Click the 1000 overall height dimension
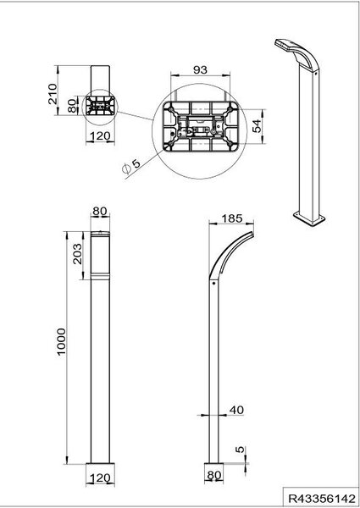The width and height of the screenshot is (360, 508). pos(61,342)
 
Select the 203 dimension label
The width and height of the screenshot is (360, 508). pos(77,254)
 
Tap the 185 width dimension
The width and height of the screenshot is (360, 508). pos(232,218)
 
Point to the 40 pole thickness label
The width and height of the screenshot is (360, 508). pos(236,410)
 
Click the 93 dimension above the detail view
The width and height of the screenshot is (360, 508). pos(200,70)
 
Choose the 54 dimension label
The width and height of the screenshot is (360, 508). pos(257,126)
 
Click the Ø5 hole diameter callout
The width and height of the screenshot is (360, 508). pos(131,166)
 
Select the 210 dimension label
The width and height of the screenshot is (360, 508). pos(53,94)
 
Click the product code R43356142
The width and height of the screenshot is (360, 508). pos(322,498)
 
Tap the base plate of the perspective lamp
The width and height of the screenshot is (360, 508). pos(309,218)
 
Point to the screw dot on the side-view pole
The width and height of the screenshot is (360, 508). pos(213,283)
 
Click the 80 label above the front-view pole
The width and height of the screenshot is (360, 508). pos(100,211)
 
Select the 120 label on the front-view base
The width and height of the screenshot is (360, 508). pos(100,478)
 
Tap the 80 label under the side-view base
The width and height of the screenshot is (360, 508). pos(213,475)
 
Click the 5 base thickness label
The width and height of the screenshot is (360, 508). pos(240,450)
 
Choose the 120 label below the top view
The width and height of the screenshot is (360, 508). pos(100,135)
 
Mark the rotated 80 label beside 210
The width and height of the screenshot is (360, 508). pos(72,105)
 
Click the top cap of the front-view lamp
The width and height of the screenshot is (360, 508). pos(100,234)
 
